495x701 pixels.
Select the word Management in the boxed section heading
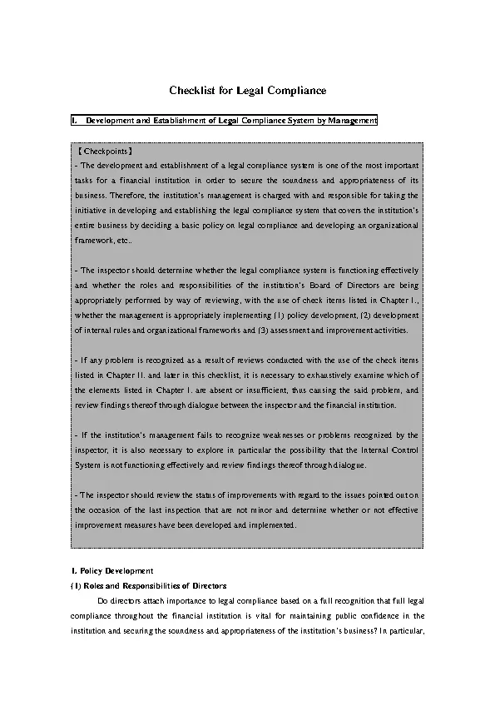pos(353,122)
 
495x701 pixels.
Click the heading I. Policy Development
pos(111,570)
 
